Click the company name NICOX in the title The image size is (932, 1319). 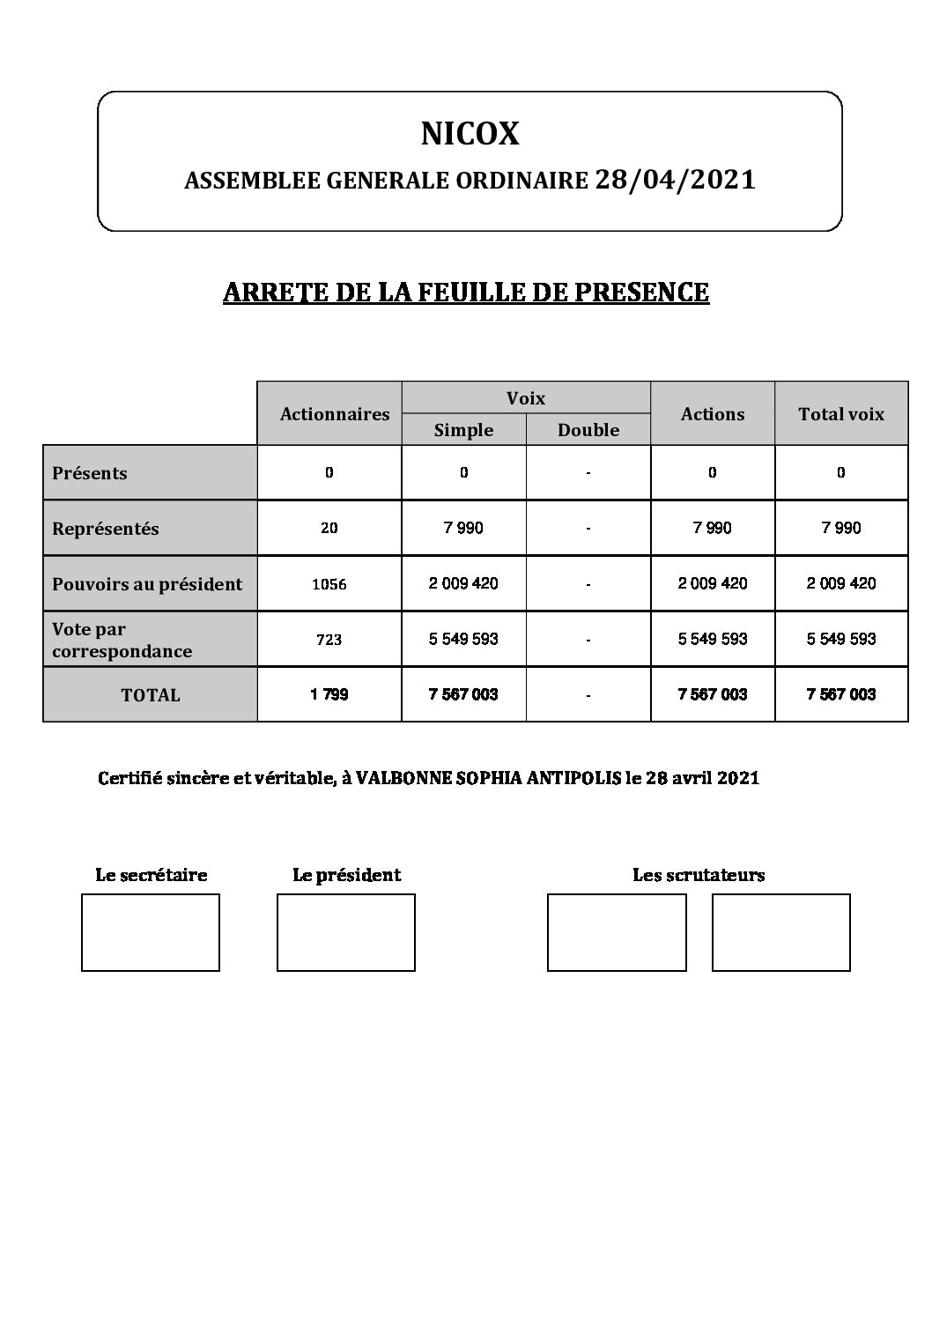470,134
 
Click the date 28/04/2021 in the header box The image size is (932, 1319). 676,180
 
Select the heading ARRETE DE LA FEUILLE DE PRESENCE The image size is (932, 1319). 466,293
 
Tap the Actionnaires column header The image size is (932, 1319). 335,414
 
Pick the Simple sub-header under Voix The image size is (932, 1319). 463,430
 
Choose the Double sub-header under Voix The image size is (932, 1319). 588,430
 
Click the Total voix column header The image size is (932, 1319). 841,414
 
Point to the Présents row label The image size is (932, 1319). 90,473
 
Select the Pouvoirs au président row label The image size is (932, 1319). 147,584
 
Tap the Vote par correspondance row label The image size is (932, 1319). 122,641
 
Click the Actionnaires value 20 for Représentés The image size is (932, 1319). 329,529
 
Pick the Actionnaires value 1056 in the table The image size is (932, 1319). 329,584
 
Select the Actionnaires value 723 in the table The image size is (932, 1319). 329,640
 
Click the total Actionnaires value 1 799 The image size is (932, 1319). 329,695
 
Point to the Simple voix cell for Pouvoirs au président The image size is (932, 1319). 463,583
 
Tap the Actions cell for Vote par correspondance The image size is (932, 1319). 713,639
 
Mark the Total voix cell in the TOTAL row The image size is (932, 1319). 841,695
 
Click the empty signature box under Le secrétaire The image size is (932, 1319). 151,932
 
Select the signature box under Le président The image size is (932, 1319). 346,932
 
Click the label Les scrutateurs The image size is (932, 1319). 699,876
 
